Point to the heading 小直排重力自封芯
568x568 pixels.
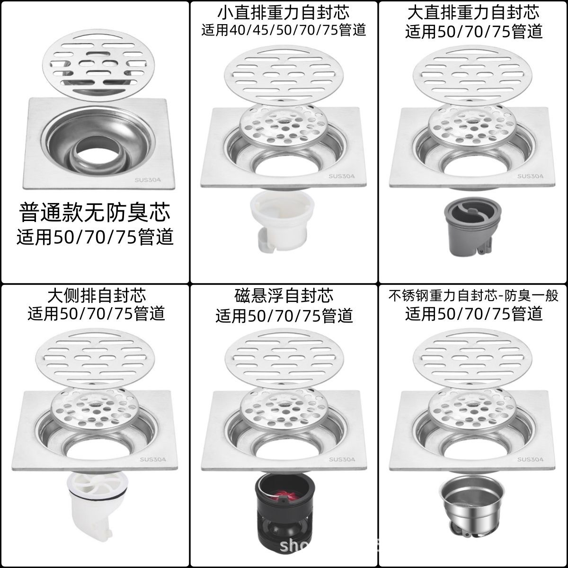[x=284, y=11]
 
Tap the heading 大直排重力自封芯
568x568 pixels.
[x=474, y=11]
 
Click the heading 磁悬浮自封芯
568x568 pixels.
[x=284, y=295]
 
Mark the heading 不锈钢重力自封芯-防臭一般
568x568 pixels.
[x=473, y=296]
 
